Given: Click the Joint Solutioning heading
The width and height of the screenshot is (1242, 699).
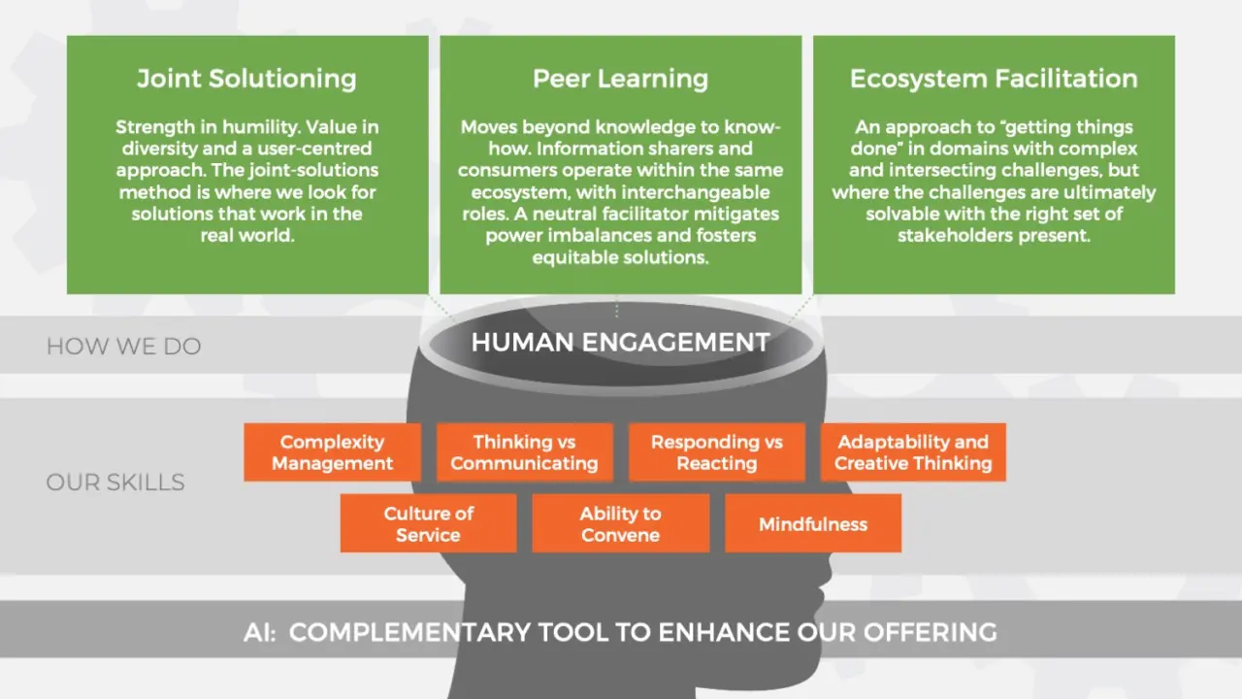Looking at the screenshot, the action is (x=246, y=79).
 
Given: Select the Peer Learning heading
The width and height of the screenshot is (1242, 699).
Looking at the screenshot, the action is (x=620, y=79).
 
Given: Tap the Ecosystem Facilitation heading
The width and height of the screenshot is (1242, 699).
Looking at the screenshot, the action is (x=994, y=79).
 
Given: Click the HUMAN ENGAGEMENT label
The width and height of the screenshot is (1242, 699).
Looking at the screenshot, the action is (x=620, y=342).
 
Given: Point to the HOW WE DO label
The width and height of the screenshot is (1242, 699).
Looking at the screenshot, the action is (x=123, y=347).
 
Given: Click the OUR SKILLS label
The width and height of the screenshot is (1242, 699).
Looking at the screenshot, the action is (x=115, y=483).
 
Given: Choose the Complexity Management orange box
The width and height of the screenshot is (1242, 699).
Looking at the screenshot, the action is (x=332, y=452).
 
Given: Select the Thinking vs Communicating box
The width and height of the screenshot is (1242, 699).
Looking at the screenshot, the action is (x=525, y=452).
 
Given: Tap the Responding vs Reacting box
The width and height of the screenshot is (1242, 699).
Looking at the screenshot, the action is (x=716, y=452).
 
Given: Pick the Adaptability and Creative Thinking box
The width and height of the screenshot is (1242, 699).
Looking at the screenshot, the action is (x=913, y=452).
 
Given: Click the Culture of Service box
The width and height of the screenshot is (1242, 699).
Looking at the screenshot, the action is (x=429, y=523).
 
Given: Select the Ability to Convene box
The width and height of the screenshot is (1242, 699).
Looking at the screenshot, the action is (x=620, y=523).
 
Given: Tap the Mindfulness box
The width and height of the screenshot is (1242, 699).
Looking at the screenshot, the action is (x=813, y=523).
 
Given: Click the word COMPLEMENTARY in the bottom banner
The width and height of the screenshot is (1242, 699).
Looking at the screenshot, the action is (x=409, y=632).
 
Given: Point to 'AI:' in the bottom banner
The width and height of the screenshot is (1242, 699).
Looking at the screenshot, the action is (x=259, y=632).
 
